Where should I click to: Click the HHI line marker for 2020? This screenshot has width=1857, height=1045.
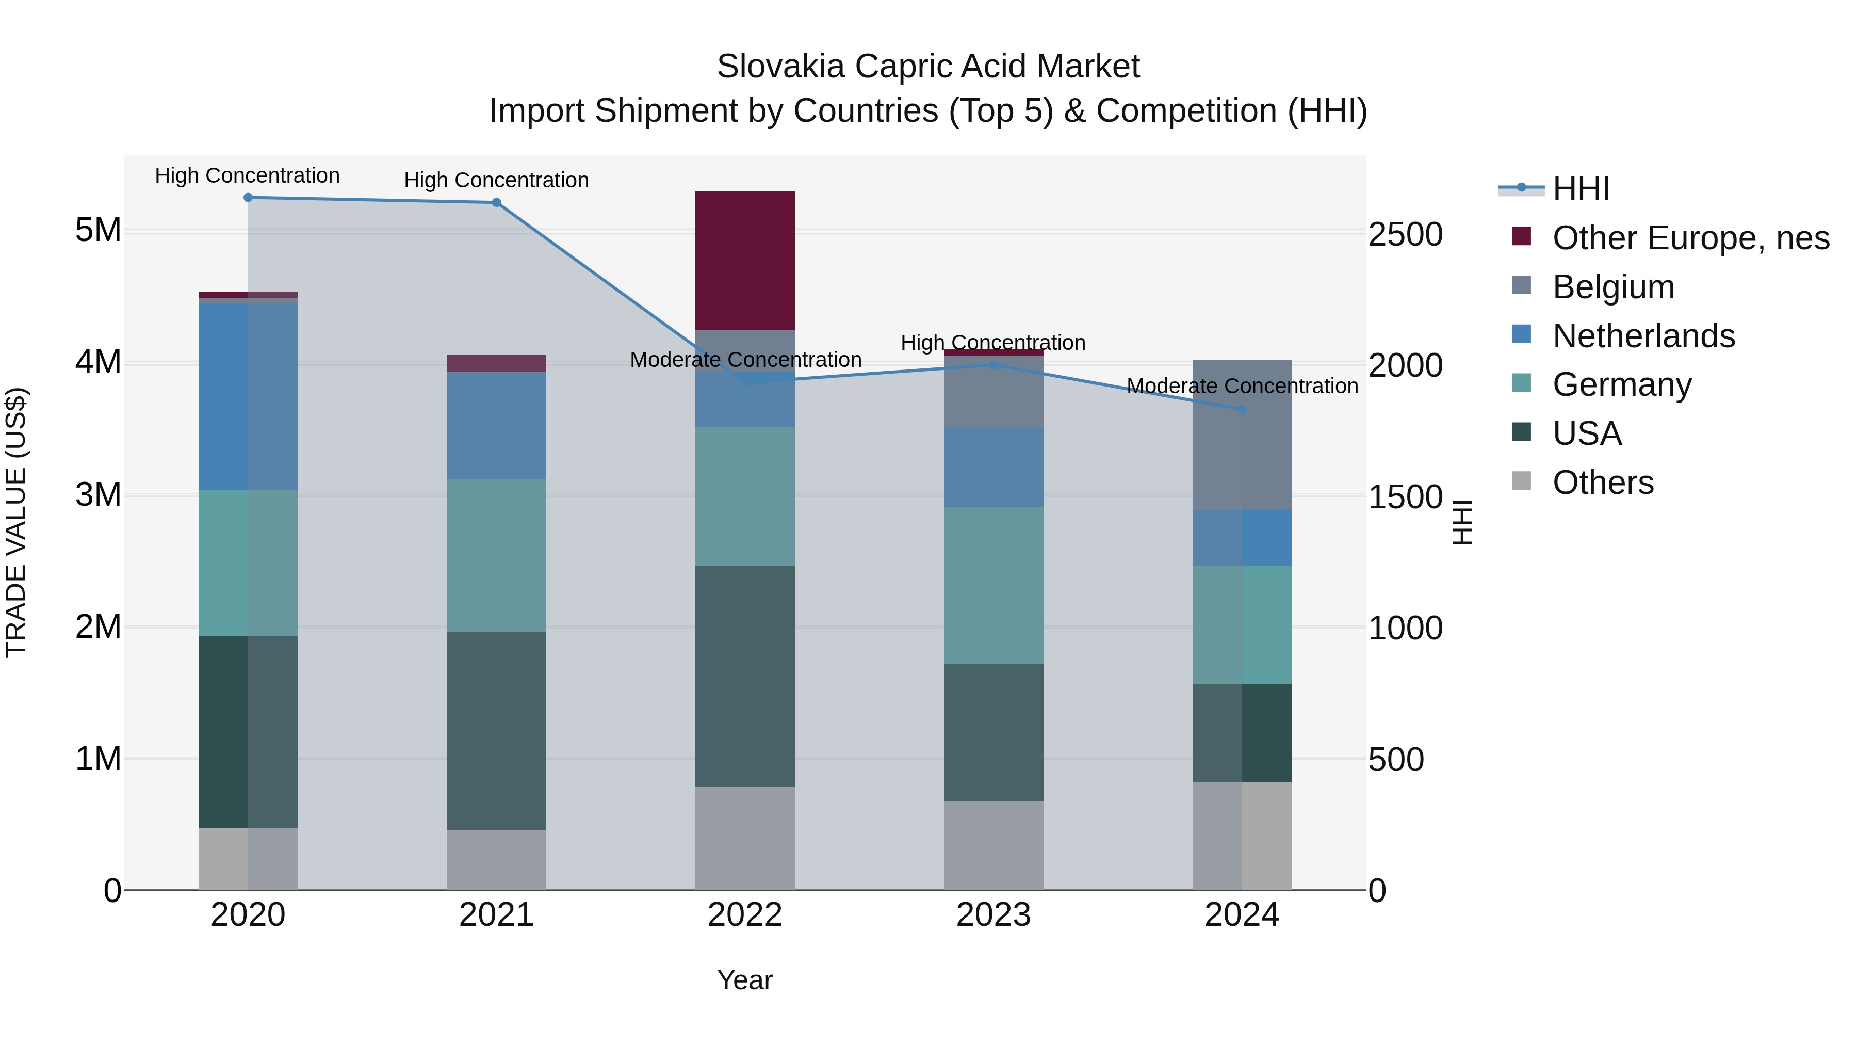(248, 198)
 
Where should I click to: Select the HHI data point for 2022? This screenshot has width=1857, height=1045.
(745, 381)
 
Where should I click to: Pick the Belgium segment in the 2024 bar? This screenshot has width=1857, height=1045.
(1242, 436)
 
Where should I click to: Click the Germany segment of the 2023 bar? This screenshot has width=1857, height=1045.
(993, 586)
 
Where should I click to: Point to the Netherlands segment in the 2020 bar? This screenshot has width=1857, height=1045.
(248, 397)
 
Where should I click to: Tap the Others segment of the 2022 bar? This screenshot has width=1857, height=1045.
(745, 838)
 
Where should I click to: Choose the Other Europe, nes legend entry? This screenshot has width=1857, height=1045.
(1690, 238)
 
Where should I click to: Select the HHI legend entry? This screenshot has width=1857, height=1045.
(1580, 189)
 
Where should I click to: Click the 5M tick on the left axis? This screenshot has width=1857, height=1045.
(98, 231)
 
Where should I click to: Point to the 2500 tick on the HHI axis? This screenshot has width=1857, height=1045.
(1405, 234)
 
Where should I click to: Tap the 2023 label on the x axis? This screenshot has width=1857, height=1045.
(993, 915)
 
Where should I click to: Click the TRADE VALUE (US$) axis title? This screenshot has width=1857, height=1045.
(16, 522)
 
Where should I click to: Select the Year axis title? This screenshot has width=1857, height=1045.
(745, 980)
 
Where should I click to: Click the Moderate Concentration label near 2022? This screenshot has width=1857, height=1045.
(745, 359)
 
